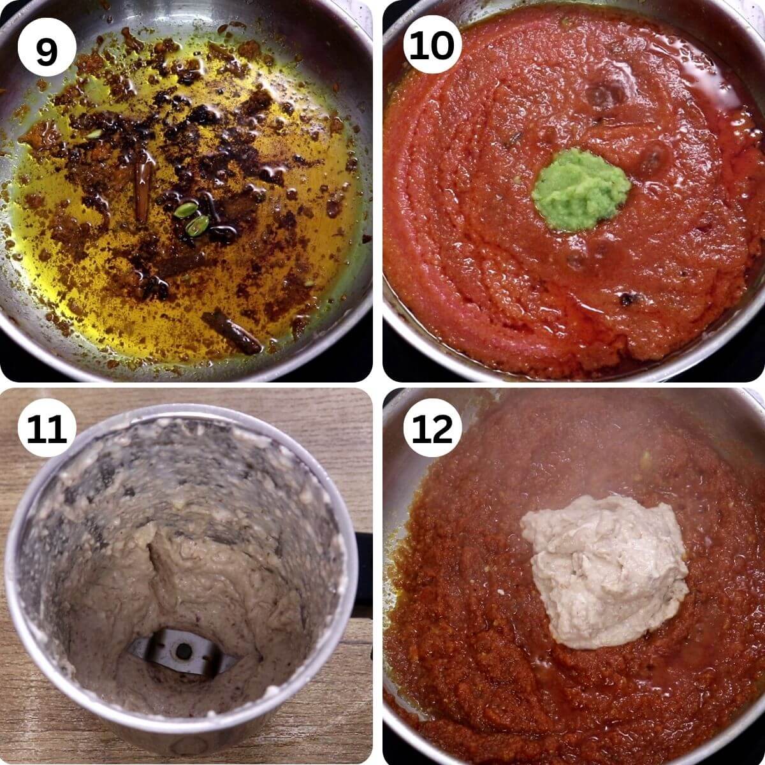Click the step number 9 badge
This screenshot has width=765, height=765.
coord(47,47)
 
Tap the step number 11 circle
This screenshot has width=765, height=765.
coord(47,428)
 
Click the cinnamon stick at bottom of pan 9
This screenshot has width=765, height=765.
coord(233,331)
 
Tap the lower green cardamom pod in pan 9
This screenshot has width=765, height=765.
coord(198,224)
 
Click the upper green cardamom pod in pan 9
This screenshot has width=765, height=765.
coord(186,209)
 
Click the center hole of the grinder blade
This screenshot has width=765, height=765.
coord(184,651)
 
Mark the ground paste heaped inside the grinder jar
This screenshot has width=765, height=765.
coord(191,574)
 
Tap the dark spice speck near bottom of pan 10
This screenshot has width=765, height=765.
coord(628,298)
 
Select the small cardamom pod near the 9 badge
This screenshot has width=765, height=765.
coord(94,134)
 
